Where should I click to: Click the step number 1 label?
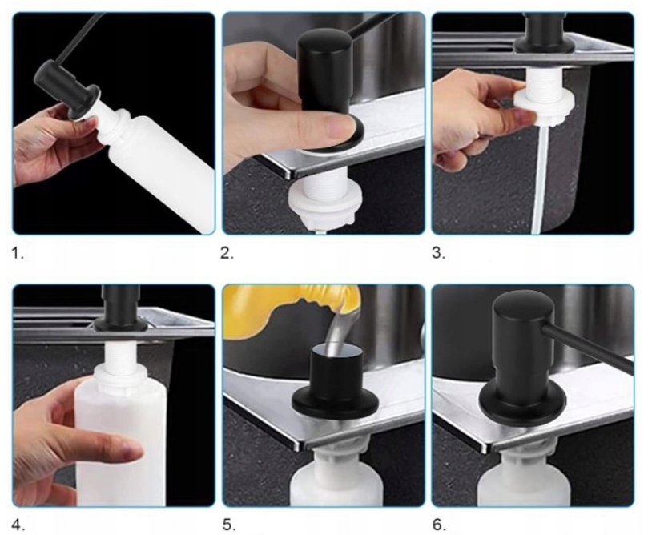click(18, 254)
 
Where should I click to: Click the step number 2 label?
click(227, 254)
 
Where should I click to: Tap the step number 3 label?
click(438, 254)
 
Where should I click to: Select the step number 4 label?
click(18, 525)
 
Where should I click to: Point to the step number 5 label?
click(229, 525)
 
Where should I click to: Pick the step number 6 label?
click(439, 525)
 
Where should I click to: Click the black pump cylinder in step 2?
click(324, 74)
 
